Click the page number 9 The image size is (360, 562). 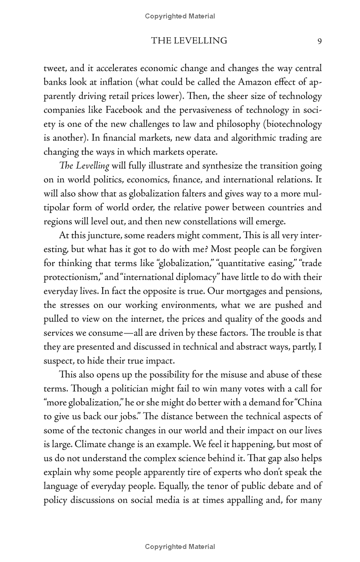[319, 41]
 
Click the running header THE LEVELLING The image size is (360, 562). [189, 41]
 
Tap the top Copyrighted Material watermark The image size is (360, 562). [180, 16]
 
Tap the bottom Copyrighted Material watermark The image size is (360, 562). [180, 547]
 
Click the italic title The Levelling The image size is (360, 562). [85, 166]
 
